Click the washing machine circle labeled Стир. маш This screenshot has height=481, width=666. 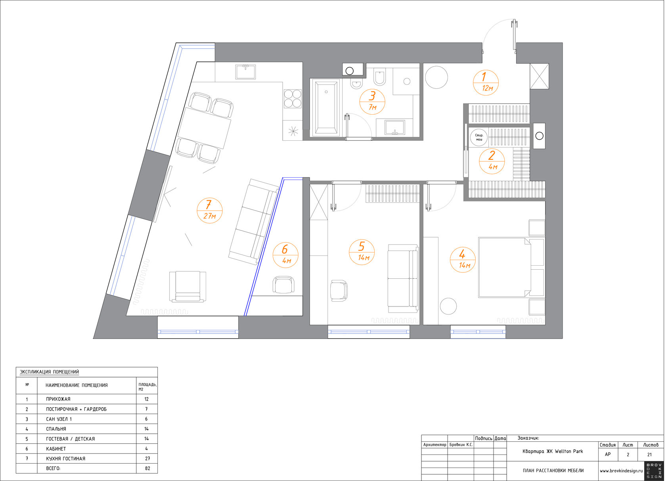point(479,138)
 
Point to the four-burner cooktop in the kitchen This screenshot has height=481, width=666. point(293,99)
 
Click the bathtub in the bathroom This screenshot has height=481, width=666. point(326,108)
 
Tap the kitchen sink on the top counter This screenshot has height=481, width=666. point(246,72)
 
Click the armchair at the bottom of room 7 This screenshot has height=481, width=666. point(188,287)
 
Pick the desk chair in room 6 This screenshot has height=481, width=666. point(284,285)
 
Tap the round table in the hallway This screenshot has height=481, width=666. point(436,77)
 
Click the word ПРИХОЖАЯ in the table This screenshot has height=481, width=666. point(58,399)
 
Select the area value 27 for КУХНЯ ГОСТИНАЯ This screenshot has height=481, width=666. point(147,459)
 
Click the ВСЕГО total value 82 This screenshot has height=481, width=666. point(147,468)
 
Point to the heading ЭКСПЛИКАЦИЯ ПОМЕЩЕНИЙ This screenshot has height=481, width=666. point(49,372)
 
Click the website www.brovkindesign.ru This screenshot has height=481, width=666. point(621,471)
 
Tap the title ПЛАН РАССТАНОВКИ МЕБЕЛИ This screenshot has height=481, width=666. point(553,471)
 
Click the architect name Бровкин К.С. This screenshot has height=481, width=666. point(461,445)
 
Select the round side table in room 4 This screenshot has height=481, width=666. point(448,306)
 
